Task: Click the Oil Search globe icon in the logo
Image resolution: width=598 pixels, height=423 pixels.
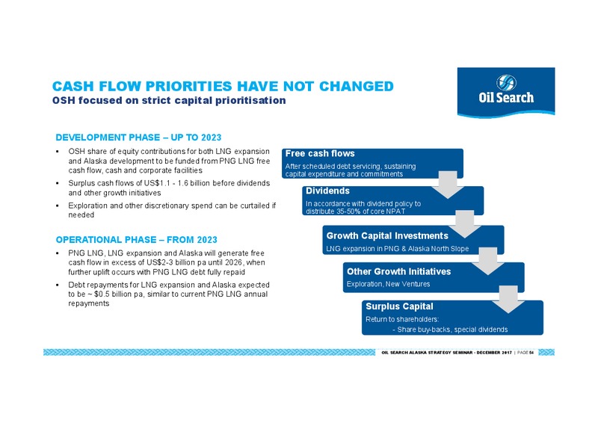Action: [x=506, y=83]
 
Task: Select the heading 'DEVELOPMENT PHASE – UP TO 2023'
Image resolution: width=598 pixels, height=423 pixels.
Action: [x=138, y=138]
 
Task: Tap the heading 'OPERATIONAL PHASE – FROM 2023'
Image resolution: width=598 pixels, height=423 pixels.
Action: [x=137, y=240]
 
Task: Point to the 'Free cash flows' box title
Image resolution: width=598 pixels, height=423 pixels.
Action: [x=320, y=153]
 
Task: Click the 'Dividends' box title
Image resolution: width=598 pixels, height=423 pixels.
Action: [x=327, y=191]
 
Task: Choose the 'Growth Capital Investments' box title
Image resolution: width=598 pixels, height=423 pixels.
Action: [x=387, y=235]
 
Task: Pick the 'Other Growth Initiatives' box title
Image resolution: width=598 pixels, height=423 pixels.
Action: [x=398, y=271]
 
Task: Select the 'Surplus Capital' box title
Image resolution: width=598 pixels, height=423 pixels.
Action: [x=399, y=306]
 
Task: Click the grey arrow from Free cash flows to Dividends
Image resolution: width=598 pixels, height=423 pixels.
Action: [x=448, y=185]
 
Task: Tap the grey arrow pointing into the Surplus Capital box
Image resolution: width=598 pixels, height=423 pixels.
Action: [x=508, y=300]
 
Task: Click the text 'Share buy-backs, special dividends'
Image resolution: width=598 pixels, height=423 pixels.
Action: [x=452, y=330]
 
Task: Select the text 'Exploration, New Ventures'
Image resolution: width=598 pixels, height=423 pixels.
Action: [x=388, y=284]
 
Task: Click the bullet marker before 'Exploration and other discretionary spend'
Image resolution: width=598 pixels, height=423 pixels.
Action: [x=58, y=206]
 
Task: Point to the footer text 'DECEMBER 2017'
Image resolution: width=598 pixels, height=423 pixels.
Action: [x=494, y=353]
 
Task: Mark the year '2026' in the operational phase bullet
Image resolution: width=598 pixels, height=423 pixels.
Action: [x=233, y=262]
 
